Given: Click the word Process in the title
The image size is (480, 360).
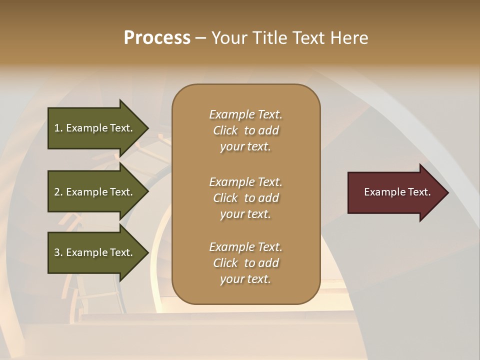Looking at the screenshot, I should (157, 38).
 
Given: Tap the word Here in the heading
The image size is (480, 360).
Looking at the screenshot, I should (349, 38).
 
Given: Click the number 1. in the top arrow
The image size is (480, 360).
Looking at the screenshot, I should (58, 128).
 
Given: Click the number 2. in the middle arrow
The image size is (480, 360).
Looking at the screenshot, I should (58, 192).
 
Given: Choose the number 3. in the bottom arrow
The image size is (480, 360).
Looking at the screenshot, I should (58, 252).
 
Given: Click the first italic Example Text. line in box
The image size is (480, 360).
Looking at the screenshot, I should (245, 114).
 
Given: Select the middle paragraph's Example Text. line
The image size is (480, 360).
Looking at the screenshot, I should (245, 182).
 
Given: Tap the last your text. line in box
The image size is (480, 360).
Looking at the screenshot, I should (245, 279).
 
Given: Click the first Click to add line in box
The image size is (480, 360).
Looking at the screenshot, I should (245, 130).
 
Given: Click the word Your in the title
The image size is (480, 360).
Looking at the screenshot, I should (229, 38).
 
